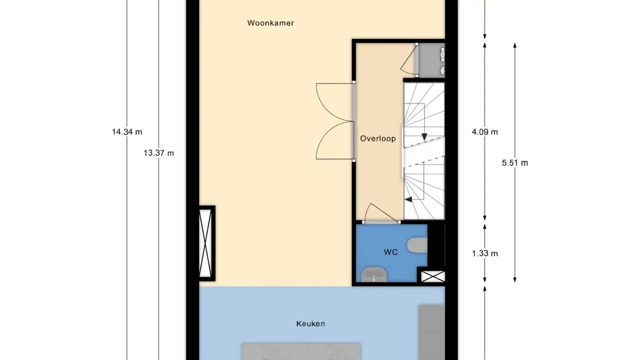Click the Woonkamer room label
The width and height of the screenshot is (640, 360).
pos(270,23)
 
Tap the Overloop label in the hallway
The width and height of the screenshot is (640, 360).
pos(378,138)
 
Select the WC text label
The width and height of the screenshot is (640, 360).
pos(390,252)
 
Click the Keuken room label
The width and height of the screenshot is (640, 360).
pos(310,324)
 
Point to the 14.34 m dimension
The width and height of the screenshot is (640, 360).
pos(127,132)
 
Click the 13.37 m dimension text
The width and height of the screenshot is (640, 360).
pos(158,153)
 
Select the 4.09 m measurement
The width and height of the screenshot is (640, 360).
pos(485,132)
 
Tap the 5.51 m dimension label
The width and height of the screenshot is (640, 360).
pos(515,162)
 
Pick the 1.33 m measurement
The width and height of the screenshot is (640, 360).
pos(485,253)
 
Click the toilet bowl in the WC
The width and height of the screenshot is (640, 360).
pos(418,245)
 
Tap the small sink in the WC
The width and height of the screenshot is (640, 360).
pos(374,274)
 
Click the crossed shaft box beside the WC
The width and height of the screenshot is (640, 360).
pos(432,276)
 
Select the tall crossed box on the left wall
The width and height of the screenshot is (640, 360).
pos(206,243)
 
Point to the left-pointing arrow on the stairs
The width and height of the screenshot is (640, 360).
pos(408,199)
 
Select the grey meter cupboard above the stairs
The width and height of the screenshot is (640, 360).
pos(431,60)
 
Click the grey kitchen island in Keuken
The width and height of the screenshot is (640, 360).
pos(301,351)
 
